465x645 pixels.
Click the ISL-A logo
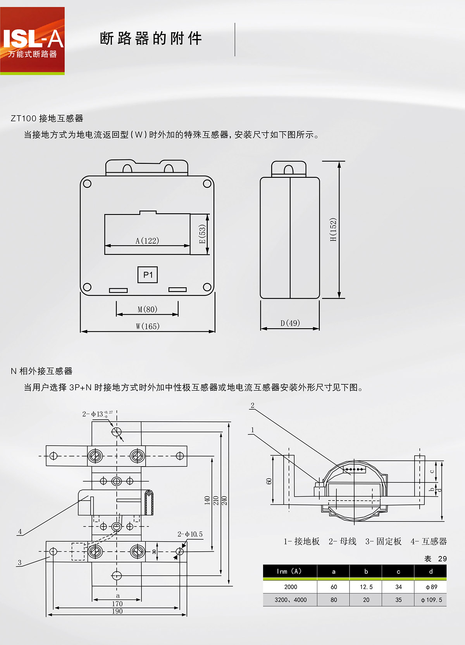click(x=33, y=41)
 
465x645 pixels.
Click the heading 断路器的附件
click(x=151, y=39)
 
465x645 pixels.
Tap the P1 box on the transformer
click(x=148, y=275)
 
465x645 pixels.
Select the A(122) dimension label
click(x=147, y=241)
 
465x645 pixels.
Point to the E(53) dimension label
click(x=202, y=234)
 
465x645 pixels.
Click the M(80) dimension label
click(x=147, y=309)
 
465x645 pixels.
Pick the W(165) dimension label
click(x=148, y=326)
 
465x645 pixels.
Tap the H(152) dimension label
click(x=333, y=230)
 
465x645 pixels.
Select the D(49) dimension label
click(x=290, y=323)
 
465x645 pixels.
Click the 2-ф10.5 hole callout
click(x=190, y=534)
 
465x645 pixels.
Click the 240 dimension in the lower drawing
click(x=224, y=501)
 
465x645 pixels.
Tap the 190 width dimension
click(x=117, y=611)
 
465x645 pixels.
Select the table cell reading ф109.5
click(x=431, y=600)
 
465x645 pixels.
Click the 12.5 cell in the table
click(x=366, y=587)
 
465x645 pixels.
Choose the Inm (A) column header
click(x=289, y=571)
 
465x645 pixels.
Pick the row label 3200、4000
click(x=290, y=600)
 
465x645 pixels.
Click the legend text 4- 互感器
click(x=429, y=541)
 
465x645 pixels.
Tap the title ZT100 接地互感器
click(x=47, y=118)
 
